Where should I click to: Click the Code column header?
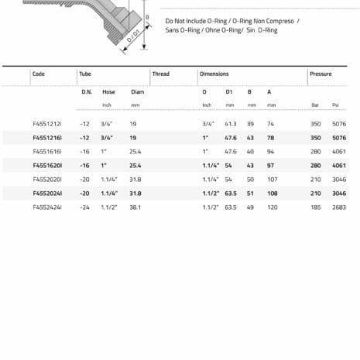point(39,74)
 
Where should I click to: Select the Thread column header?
point(160,74)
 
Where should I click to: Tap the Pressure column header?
point(321,74)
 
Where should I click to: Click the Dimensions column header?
point(214,74)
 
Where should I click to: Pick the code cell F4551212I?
point(47,123)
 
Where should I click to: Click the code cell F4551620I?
point(47,165)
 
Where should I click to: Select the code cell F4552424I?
point(47,207)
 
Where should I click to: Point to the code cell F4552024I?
point(47,194)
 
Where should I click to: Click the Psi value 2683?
point(339,207)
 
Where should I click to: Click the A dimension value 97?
point(271,165)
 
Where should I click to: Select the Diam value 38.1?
point(136,207)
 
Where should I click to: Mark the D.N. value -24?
point(84,207)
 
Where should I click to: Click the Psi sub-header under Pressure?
point(336,105)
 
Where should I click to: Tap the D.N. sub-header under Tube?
point(87,91)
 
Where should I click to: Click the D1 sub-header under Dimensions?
point(229,91)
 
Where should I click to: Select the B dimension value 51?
point(250,194)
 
